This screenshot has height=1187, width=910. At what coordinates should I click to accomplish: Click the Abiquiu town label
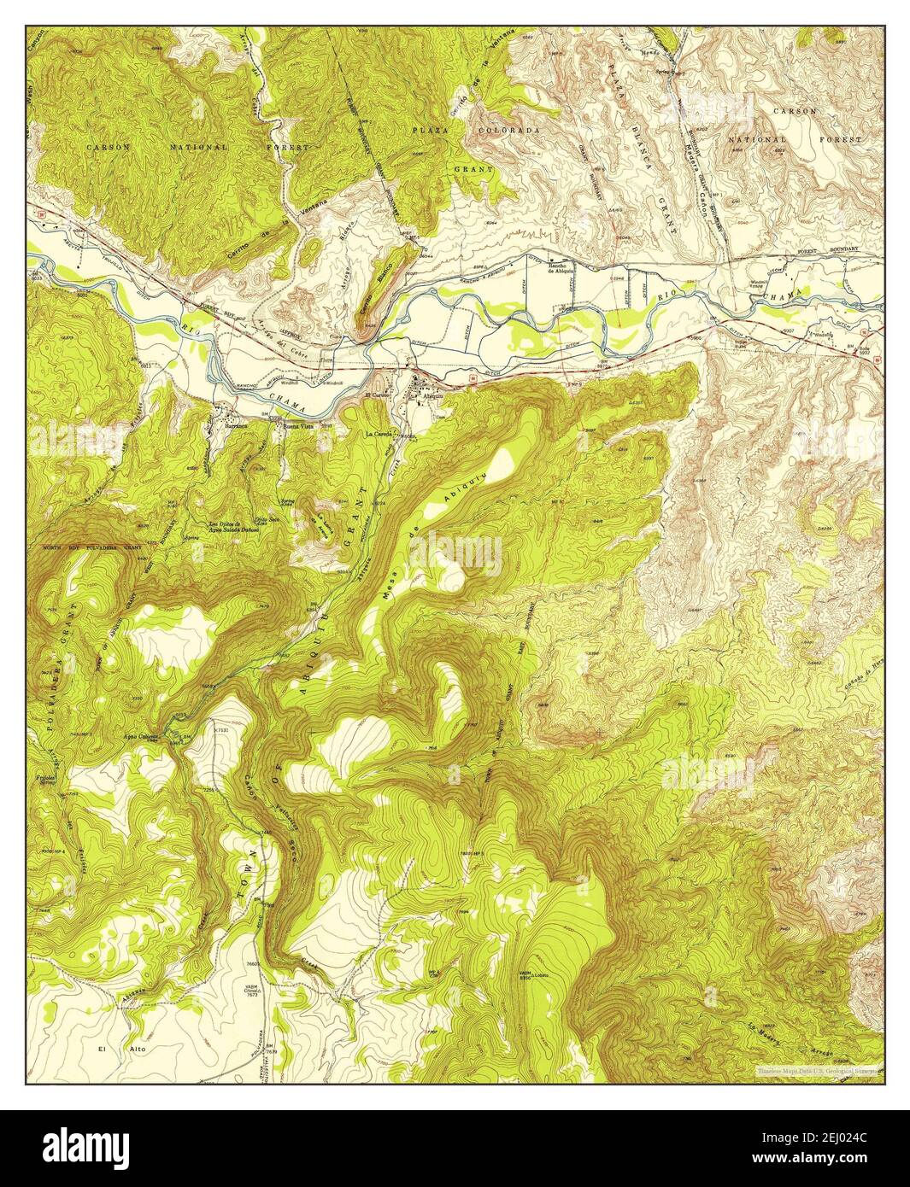pos(426,396)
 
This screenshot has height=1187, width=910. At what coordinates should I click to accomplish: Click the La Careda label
pos(379,435)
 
